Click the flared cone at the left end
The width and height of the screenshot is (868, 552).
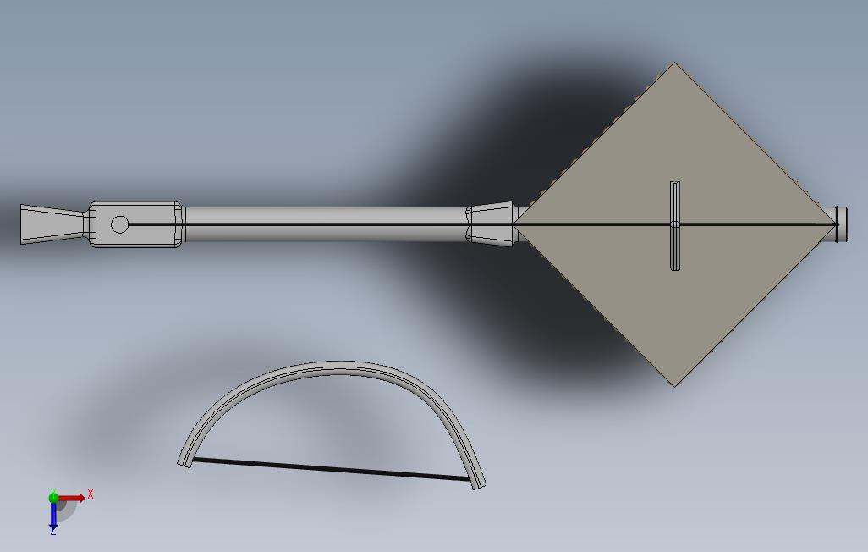coord(52,224)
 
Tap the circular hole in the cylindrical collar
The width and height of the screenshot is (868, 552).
coord(119,224)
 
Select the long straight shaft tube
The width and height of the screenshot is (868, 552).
coord(326,224)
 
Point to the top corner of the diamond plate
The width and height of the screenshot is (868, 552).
coord(674,62)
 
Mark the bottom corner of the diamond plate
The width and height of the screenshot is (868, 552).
coord(675,386)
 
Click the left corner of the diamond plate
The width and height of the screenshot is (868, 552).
coord(514,224)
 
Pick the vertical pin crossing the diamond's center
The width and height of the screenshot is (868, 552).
coord(675,225)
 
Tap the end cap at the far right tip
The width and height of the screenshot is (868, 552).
coord(842,224)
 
